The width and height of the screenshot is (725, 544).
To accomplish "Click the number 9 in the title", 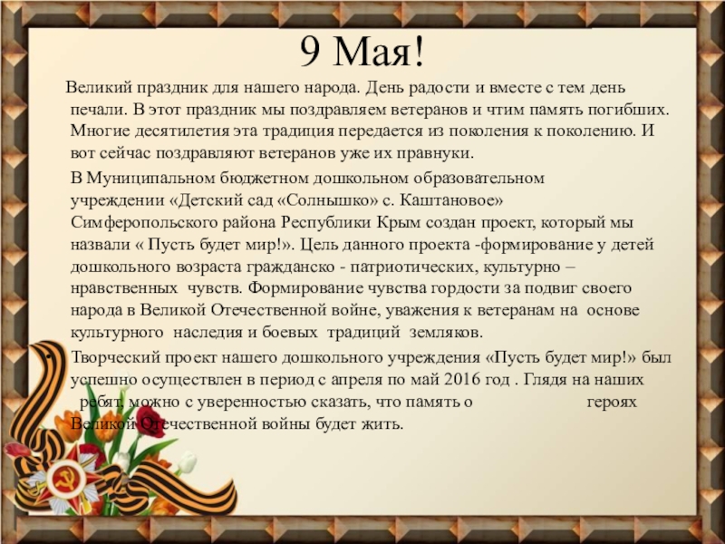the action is pos(310,52).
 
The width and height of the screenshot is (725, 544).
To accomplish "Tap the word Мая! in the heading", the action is pos(378,52).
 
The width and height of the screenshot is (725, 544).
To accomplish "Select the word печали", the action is pos(98,110).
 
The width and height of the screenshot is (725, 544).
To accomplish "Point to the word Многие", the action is pos(101,131).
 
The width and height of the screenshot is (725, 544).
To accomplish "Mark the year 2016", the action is pos(460,380).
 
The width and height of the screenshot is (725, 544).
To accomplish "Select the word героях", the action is pos(612,403).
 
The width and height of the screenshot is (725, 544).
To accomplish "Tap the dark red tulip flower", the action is pos(150,422).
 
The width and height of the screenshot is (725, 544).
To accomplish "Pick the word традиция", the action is pos(298,131).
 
